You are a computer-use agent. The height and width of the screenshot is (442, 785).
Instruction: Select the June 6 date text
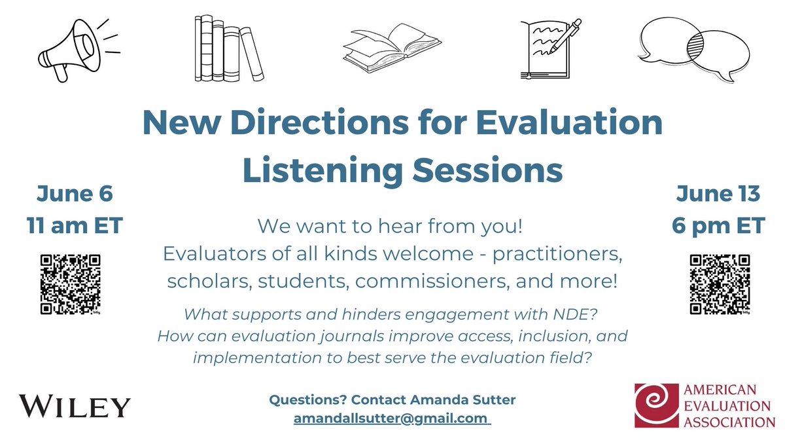(75, 194)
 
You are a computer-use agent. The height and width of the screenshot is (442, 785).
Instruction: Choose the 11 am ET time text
(75, 227)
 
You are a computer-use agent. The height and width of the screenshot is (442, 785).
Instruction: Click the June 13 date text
(718, 194)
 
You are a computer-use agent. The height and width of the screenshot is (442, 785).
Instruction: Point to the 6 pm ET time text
(718, 227)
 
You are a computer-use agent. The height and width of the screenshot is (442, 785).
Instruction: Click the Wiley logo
(75, 406)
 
